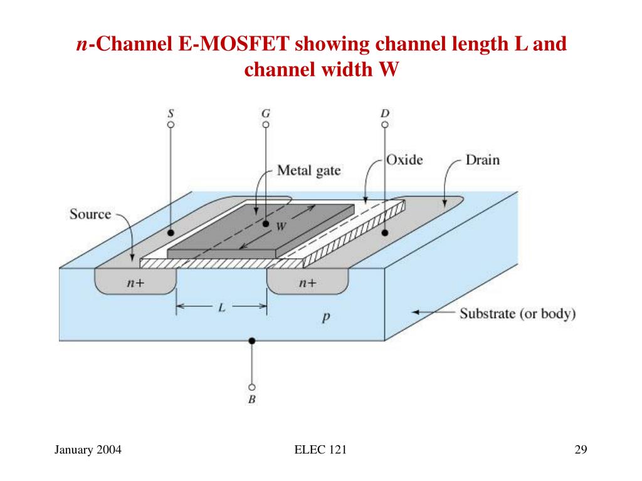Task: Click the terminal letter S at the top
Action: pyautogui.click(x=171, y=114)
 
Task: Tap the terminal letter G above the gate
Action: pyautogui.click(x=266, y=114)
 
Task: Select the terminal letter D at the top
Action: pyautogui.click(x=384, y=114)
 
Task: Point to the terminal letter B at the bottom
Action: pyautogui.click(x=251, y=400)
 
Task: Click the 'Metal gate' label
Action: pyautogui.click(x=309, y=170)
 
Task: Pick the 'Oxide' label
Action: pyautogui.click(x=404, y=160)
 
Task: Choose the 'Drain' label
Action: pyautogui.click(x=482, y=160)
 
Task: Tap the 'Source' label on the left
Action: pyautogui.click(x=90, y=214)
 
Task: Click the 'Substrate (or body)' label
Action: pyautogui.click(x=518, y=313)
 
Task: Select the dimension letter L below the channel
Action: pyautogui.click(x=222, y=308)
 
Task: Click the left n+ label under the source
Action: pyautogui.click(x=135, y=283)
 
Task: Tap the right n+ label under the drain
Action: pyautogui.click(x=307, y=283)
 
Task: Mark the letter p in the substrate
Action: pyautogui.click(x=326, y=318)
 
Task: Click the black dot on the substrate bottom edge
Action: pyautogui.click(x=251, y=341)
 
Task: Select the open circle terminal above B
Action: pyautogui.click(x=251, y=387)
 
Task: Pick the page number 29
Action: pyautogui.click(x=580, y=450)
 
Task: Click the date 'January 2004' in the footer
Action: pyautogui.click(x=88, y=450)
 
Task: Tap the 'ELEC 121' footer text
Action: pyautogui.click(x=320, y=450)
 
